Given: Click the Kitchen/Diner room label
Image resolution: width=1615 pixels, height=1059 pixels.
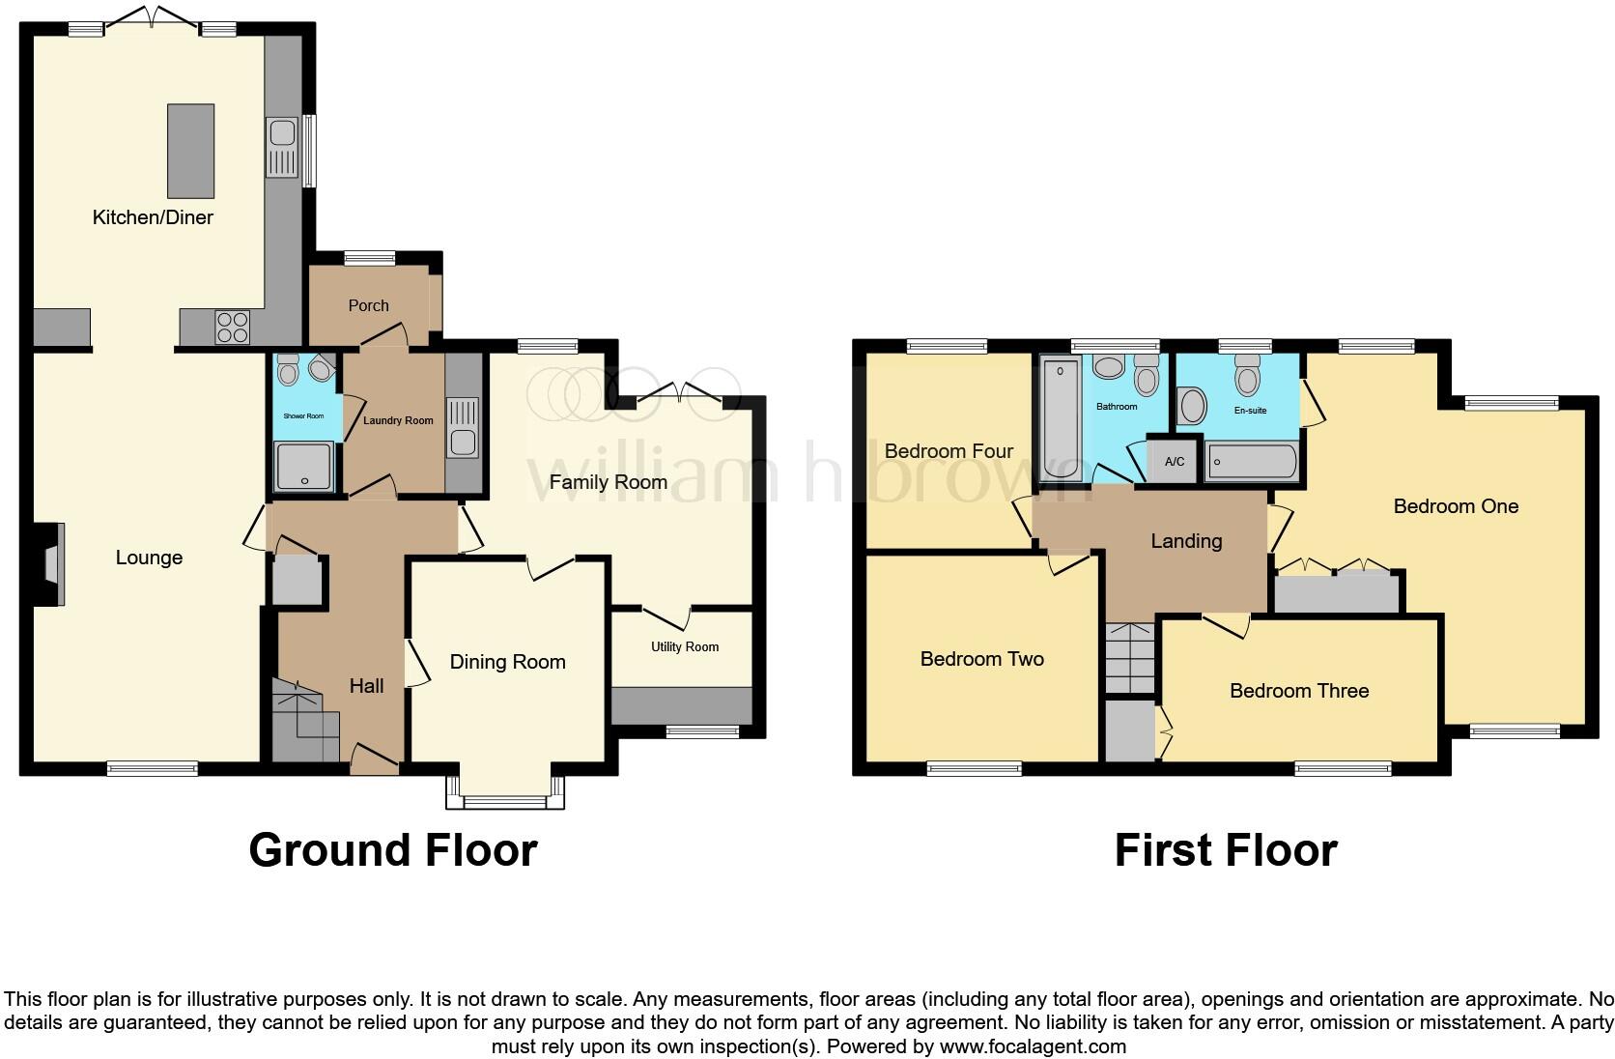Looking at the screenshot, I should tap(153, 217).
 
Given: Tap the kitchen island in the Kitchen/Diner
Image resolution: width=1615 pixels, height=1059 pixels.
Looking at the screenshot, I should tap(190, 151).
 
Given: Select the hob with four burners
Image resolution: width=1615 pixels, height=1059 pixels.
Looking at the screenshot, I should tap(233, 328).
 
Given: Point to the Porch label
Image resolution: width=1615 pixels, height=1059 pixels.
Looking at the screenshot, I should tap(368, 305).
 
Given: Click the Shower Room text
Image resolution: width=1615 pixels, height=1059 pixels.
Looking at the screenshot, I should tap(303, 415).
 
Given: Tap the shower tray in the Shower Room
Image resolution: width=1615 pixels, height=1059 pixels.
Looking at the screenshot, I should tap(304, 466).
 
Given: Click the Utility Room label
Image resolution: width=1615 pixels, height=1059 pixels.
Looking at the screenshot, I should tap(685, 646).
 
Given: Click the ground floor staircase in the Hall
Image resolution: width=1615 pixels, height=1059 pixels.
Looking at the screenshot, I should tap(304, 721).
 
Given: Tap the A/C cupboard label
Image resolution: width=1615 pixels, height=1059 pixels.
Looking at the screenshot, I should tap(1175, 462).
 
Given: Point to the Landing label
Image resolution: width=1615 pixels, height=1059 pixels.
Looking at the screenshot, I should tap(1186, 541).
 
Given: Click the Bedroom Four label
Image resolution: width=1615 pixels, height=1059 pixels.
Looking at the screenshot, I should tap(949, 451).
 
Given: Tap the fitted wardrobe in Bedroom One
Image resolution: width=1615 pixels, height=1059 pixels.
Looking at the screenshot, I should tap(1337, 592).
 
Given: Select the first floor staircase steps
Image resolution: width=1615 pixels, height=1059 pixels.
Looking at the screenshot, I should tap(1130, 657).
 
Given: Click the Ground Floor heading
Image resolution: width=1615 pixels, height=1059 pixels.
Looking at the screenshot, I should tap(392, 850).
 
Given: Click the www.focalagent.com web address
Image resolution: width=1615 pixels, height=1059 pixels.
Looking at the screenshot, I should tap(1033, 1045).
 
